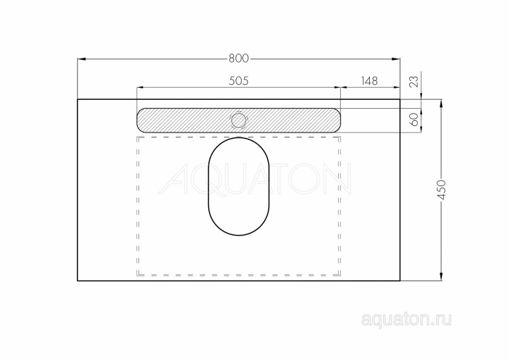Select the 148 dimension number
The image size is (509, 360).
(370, 81)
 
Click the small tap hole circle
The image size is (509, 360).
(239, 120)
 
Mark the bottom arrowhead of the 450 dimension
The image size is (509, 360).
(441, 277)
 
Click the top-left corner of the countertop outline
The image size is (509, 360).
(77, 99)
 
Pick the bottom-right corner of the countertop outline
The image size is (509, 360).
(400, 281)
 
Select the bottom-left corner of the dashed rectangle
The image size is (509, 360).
(138, 275)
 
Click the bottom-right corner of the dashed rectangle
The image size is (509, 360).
(340, 275)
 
